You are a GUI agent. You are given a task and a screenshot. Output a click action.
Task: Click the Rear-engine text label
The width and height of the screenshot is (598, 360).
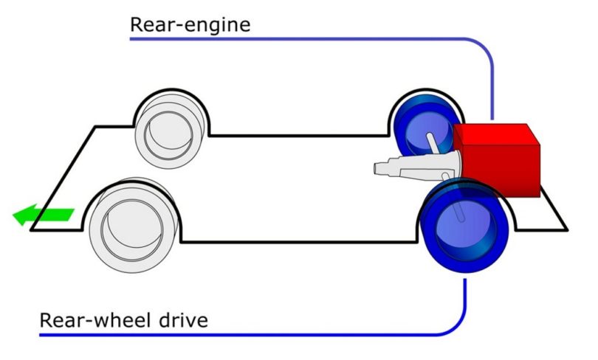coord(190,24)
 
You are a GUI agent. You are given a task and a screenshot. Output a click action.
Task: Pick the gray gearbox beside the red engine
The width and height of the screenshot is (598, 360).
coord(414,166)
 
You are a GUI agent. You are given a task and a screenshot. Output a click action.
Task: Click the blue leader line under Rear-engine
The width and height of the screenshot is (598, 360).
coord(310,38)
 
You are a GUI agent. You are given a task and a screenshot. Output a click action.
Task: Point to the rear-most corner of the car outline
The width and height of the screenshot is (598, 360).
coord(567,229)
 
